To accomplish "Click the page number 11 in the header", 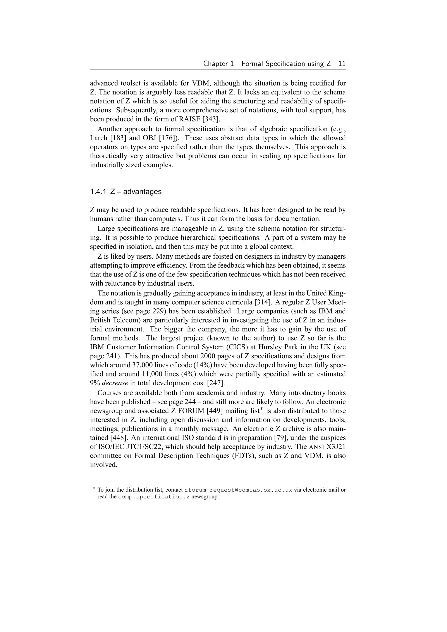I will tap(342, 64).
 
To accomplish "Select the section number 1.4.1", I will tap(98, 192).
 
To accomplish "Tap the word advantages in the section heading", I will tap(142, 192).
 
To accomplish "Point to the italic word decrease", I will tap(115, 383).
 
